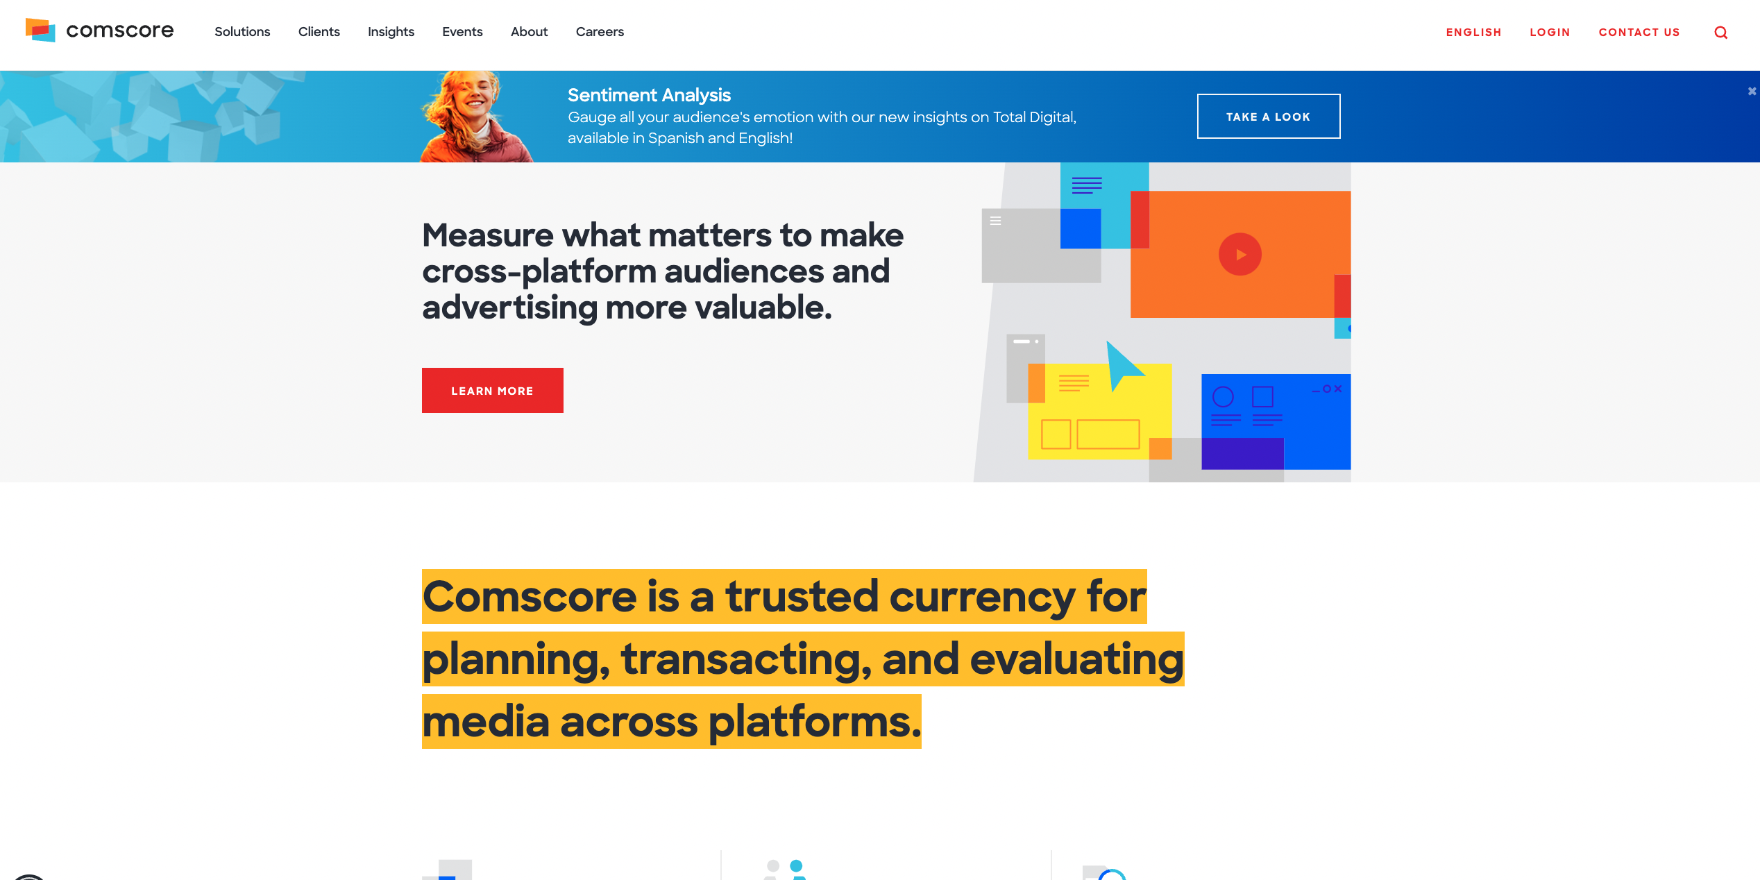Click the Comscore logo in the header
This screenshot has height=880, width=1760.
[99, 31]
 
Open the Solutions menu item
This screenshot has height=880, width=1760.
[242, 32]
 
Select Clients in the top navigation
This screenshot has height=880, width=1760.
[319, 32]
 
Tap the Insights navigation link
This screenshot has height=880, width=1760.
[391, 32]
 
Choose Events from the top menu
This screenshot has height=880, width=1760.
[462, 32]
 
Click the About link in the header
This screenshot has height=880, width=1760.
[529, 32]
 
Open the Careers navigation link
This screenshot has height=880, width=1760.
[600, 32]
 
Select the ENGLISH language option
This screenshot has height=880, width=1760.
[1473, 33]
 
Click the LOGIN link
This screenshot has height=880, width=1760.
[1550, 33]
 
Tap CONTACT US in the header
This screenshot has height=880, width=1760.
[1639, 33]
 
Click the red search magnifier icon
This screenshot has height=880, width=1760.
[1721, 33]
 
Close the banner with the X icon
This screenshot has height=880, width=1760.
[1752, 91]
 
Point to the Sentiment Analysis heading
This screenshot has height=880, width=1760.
[649, 95]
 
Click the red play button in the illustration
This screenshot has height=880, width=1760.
[1240, 254]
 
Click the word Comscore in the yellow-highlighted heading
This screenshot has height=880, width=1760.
[530, 597]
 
